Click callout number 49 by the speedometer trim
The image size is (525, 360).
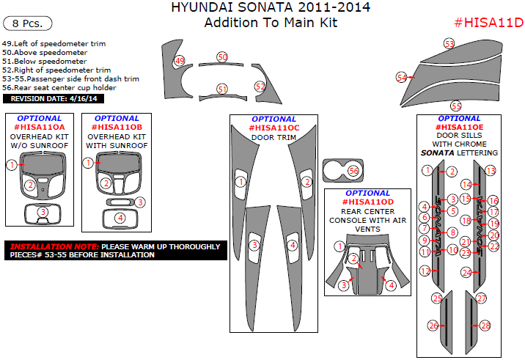(x=180, y=61)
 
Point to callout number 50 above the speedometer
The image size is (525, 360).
(x=223, y=56)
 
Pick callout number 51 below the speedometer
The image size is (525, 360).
(x=222, y=89)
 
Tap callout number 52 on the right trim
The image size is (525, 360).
(x=260, y=86)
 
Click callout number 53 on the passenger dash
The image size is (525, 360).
(x=449, y=44)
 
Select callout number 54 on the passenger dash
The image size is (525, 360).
(x=401, y=77)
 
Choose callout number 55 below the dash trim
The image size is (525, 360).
(x=456, y=106)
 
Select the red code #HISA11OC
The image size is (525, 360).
(x=273, y=128)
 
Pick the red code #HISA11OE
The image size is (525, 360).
(x=459, y=128)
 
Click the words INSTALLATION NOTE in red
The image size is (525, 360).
(x=53, y=246)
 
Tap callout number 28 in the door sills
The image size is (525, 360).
(x=485, y=325)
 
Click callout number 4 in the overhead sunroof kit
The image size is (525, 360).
(x=120, y=217)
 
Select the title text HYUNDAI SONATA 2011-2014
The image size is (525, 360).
(x=271, y=8)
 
